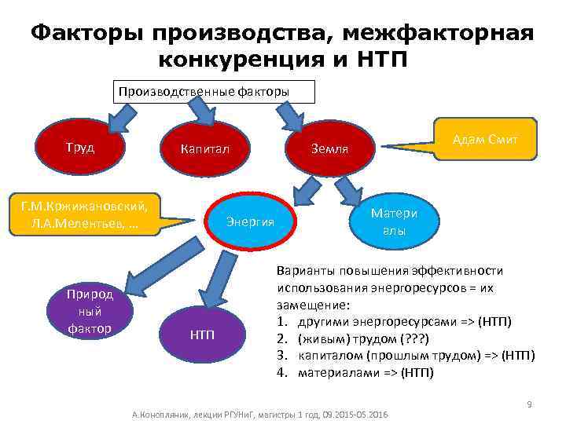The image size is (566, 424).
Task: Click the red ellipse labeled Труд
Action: pos(79,147)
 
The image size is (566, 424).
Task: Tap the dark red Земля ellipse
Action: pos(329,148)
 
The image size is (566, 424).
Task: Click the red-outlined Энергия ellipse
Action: pos(250,221)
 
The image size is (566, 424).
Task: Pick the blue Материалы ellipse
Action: pos(394,221)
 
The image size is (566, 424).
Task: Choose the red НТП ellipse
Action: pos(201,335)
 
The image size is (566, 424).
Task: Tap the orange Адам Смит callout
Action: pos(485,140)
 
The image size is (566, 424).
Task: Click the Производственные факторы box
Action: pos(215,91)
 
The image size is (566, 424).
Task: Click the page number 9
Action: pos(529,404)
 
